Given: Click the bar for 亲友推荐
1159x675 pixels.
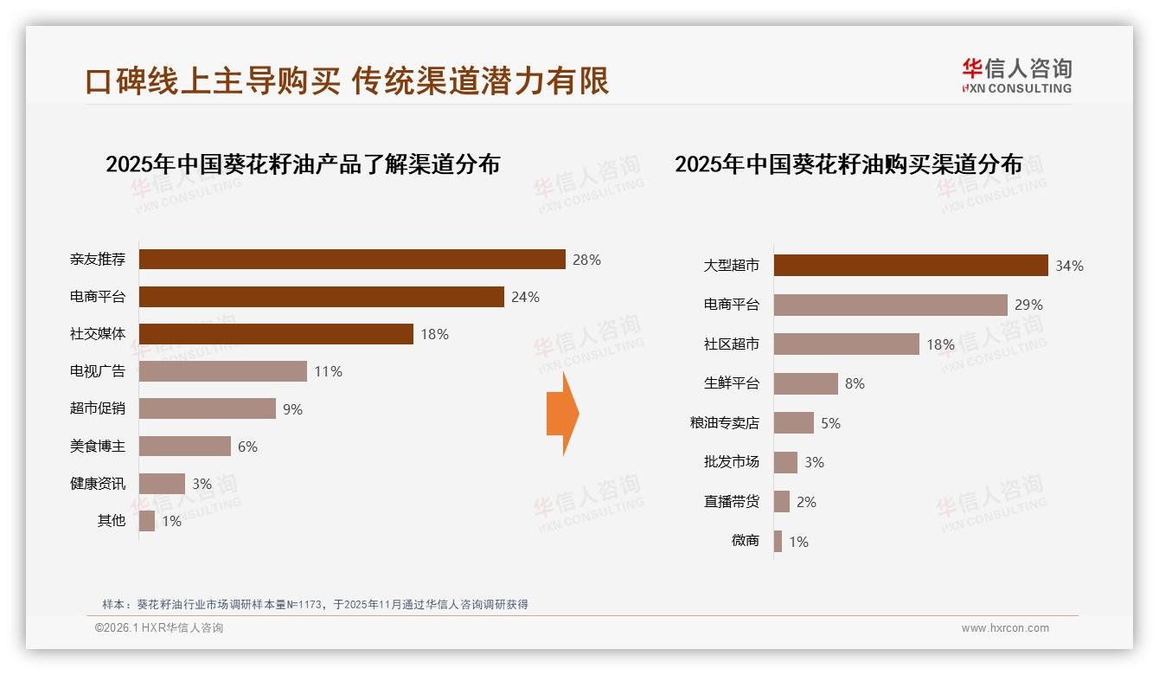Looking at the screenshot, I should [352, 260].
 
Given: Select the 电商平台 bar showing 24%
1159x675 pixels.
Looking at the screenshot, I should [321, 297].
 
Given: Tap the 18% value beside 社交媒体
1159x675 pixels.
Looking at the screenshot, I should [434, 334].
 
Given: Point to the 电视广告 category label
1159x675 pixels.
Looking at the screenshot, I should [98, 371].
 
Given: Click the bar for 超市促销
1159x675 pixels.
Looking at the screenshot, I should [208, 408].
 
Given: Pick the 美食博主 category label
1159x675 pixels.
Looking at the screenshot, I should [98, 447].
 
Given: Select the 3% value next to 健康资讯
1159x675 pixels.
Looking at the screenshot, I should [202, 484].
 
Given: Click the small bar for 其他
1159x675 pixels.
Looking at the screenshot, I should [147, 521].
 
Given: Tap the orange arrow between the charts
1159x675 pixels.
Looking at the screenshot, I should [562, 414].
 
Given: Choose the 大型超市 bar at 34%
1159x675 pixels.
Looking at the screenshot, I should [911, 266].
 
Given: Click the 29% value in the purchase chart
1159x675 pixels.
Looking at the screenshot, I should [1029, 305].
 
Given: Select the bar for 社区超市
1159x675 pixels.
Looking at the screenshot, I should [846, 344].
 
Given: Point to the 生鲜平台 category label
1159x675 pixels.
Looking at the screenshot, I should [732, 383].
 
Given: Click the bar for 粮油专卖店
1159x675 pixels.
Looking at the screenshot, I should [794, 423].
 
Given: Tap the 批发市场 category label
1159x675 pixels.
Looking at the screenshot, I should [732, 462].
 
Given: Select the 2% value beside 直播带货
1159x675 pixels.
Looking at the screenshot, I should [806, 502].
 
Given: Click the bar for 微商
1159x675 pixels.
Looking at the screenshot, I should [778, 542].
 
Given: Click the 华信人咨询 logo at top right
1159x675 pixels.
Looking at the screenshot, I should [1016, 76].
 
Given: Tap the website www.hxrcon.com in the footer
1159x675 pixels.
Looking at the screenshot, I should [1005, 628].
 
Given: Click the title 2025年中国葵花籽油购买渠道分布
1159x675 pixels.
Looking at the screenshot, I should [848, 164].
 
